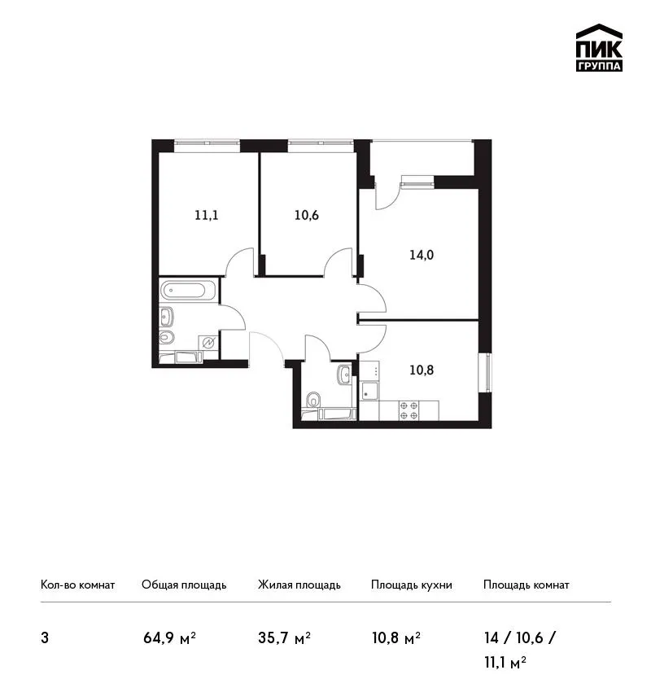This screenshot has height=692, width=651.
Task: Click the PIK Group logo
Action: (x=599, y=48)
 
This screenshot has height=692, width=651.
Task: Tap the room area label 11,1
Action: (x=207, y=216)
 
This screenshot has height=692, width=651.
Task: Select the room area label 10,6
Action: (x=307, y=216)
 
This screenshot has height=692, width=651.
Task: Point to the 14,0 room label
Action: (x=422, y=255)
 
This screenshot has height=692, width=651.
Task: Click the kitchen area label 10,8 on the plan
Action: (x=422, y=370)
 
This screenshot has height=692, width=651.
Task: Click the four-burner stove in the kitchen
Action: (x=409, y=410)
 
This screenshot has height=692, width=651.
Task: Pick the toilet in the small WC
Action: (x=313, y=400)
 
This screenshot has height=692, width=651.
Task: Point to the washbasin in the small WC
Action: (x=344, y=374)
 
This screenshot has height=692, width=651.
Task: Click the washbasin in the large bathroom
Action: (x=166, y=317)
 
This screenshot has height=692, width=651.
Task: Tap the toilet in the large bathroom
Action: (x=167, y=338)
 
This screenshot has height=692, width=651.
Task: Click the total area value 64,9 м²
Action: (x=169, y=638)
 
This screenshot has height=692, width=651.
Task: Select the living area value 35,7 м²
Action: (x=285, y=638)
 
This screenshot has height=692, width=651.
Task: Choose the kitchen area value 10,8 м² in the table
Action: (x=396, y=638)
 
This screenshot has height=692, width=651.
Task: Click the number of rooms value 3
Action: (x=45, y=638)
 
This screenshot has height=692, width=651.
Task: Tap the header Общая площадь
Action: (x=184, y=585)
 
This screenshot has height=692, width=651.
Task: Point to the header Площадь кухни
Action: (x=412, y=585)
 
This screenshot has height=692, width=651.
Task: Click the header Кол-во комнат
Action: (x=77, y=585)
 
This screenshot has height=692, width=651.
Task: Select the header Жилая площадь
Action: (x=299, y=585)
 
